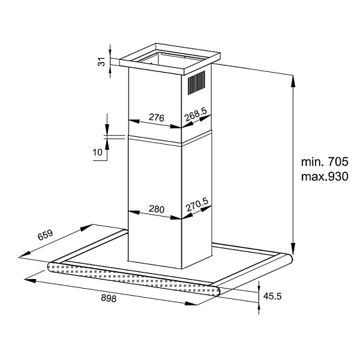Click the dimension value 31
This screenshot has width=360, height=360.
[101, 62]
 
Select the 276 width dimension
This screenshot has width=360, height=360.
[157, 118]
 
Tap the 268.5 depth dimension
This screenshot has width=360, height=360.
[196, 115]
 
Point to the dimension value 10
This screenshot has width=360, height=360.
[97, 152]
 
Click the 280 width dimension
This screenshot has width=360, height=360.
[157, 209]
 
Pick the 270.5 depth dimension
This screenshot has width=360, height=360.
[197, 205]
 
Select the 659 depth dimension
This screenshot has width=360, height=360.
[45, 235]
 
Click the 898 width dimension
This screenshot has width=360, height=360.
[109, 298]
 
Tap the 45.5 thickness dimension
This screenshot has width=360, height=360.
[272, 296]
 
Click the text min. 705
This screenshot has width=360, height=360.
[325, 161]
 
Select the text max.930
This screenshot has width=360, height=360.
[325, 176]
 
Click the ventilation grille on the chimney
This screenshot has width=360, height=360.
[197, 83]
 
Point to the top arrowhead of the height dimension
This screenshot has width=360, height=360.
[293, 81]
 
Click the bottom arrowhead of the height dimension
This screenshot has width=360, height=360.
[293, 248]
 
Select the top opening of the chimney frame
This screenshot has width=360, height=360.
[170, 59]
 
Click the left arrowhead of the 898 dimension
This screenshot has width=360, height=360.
[30, 280]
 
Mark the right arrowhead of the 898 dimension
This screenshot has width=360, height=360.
[191, 303]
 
